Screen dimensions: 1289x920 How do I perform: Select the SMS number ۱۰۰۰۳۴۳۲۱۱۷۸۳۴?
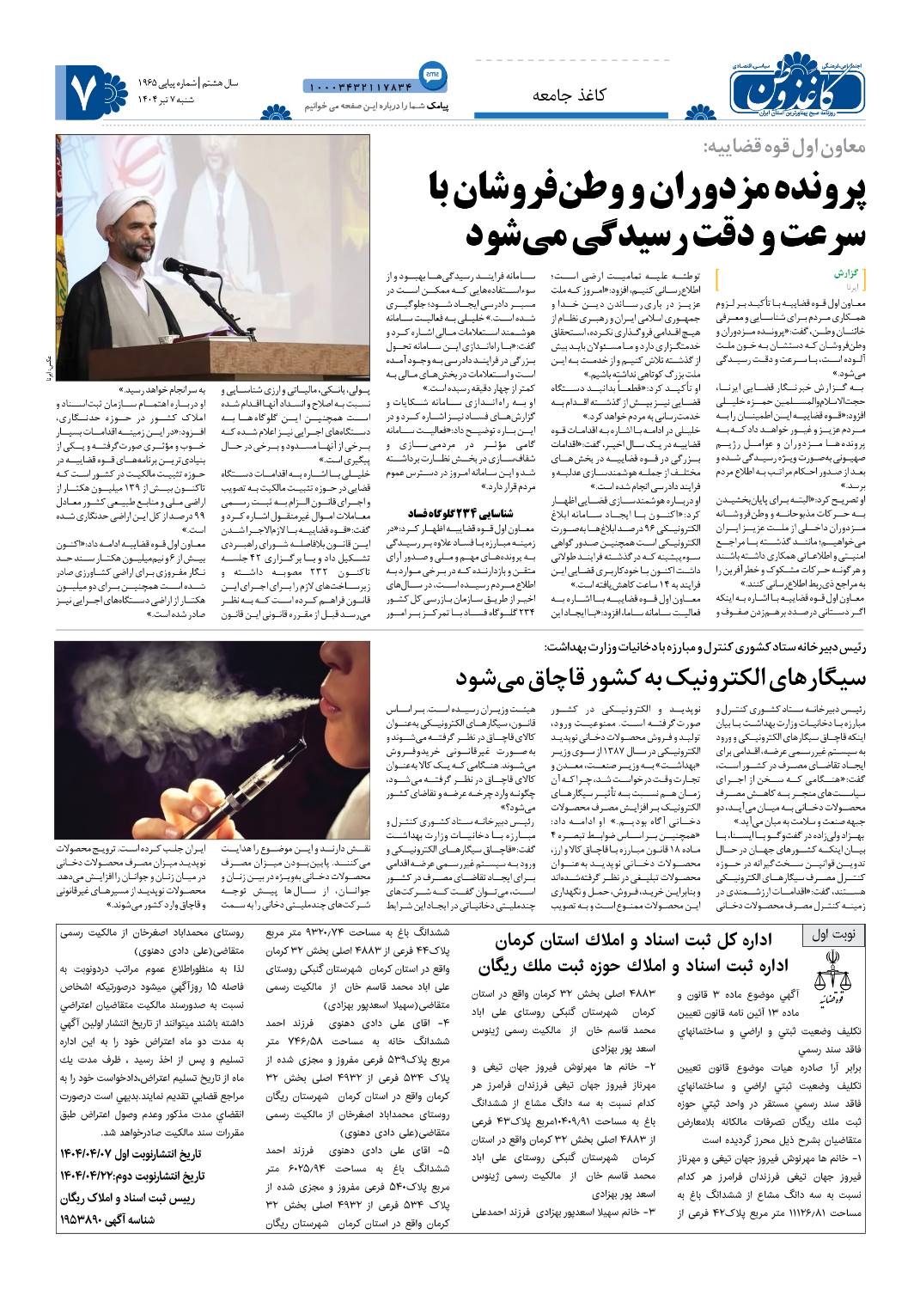pyautogui.click(x=358, y=87)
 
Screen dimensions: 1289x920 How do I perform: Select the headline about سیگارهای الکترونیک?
pyautogui.click(x=667, y=676)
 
